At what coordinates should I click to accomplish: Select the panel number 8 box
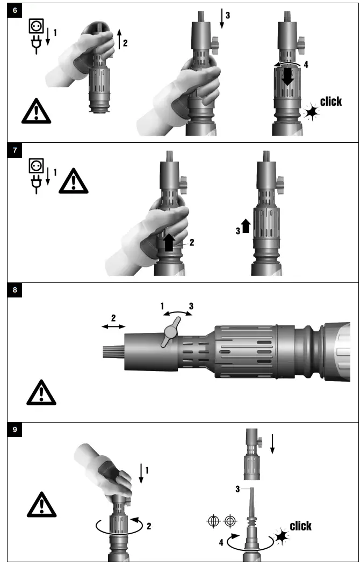tap(15, 290)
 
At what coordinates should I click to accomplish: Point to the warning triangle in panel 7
tap(73, 181)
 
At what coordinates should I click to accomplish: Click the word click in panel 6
tap(330, 101)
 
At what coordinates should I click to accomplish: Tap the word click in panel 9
tap(300, 526)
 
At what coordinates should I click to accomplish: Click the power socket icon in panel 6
tap(35, 27)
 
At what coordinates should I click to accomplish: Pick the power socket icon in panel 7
tap(35, 165)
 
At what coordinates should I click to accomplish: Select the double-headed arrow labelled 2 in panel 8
tap(114, 326)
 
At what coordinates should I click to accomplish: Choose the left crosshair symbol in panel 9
tap(213, 520)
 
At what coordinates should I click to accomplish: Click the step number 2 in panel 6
tap(125, 43)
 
